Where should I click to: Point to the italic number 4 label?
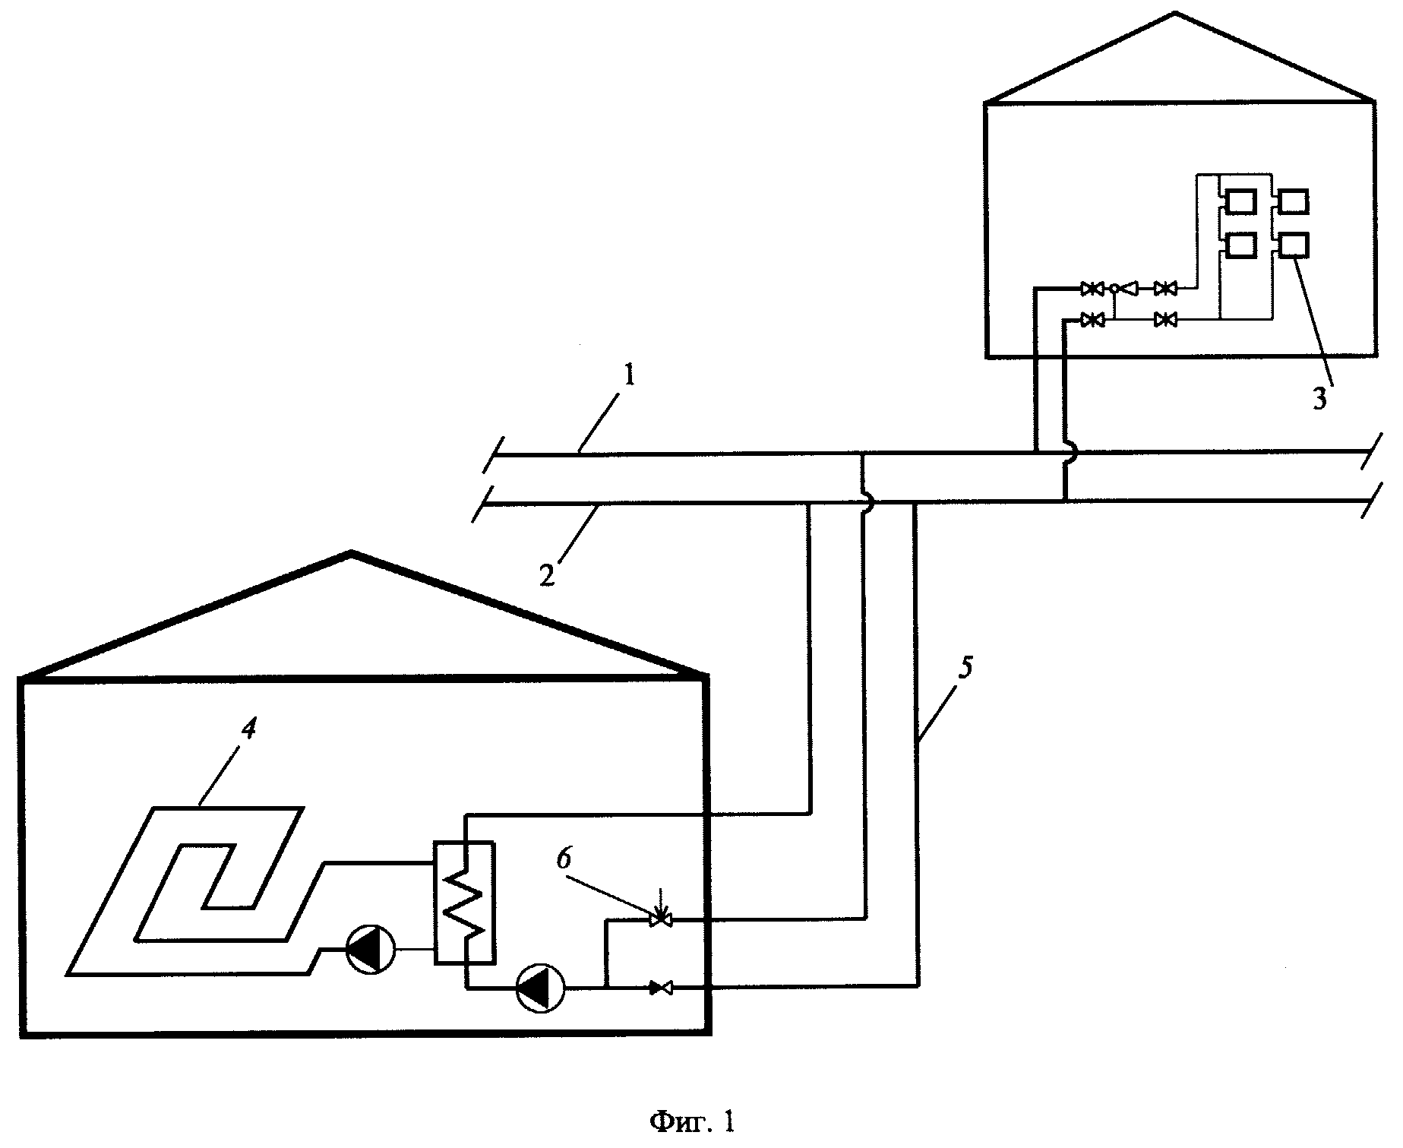pos(248,729)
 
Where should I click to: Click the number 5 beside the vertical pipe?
pos(965,669)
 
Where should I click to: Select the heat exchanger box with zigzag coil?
pos(464,903)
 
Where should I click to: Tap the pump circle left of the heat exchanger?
pos(370,950)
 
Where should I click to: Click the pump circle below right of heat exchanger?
pos(540,988)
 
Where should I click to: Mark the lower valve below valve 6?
pos(659,988)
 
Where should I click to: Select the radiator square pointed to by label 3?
pos(1294,245)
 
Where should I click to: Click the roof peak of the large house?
pos(350,552)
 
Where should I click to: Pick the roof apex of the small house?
pos(1176,13)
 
